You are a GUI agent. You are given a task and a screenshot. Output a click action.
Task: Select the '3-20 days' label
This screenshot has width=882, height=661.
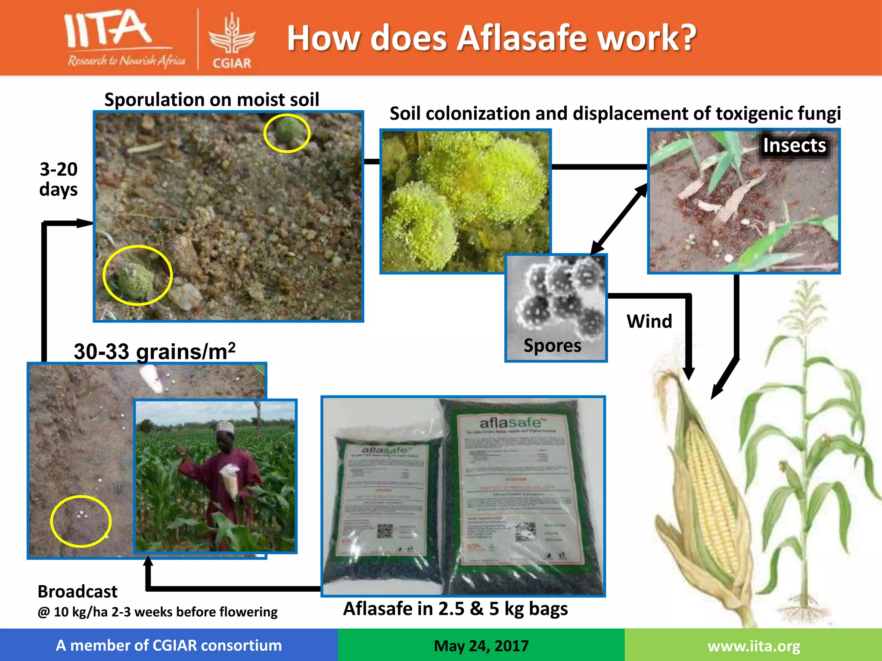[x=59, y=179]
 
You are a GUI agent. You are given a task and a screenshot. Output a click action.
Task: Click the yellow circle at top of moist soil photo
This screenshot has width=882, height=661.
[x=287, y=133]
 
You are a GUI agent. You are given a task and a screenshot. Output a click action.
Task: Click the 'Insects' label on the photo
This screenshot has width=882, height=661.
[x=794, y=145]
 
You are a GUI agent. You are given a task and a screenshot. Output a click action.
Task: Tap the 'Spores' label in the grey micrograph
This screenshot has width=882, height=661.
[x=552, y=346]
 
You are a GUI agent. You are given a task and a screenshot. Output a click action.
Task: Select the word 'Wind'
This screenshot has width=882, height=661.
[x=649, y=321]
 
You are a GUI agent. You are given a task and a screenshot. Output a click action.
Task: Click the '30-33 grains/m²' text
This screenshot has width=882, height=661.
[x=154, y=352]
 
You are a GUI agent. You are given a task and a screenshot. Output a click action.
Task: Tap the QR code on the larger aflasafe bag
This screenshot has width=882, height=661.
[x=525, y=532]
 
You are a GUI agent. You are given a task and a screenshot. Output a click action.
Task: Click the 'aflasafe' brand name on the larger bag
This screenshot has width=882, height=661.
[x=510, y=423]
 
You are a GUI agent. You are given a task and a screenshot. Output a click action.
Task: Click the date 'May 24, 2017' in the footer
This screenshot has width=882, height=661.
[x=481, y=646]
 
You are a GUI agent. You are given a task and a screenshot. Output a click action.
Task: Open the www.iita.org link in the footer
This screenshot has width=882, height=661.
[x=754, y=646]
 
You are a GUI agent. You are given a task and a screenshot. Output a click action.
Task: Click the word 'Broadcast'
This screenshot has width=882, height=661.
[x=78, y=592]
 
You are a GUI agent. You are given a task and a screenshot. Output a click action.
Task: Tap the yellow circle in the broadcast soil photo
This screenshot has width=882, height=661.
[x=81, y=521]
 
